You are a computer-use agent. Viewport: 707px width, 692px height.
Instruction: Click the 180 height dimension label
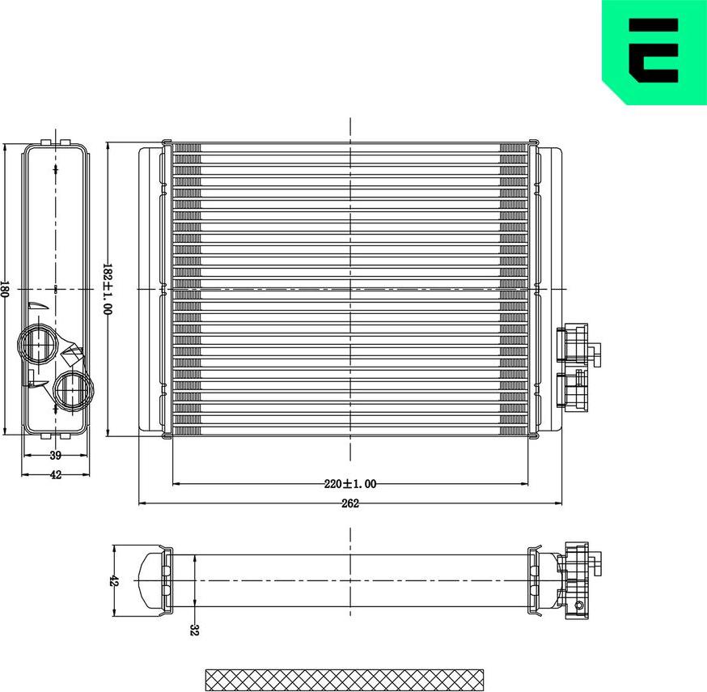tap(5, 289)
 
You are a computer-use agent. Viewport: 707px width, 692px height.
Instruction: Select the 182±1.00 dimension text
tap(107, 288)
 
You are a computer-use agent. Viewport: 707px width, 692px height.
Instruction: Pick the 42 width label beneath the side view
tap(56, 475)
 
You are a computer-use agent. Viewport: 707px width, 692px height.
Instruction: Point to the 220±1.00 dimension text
tap(350, 484)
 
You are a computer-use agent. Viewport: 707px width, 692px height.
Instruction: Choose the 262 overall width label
tap(350, 503)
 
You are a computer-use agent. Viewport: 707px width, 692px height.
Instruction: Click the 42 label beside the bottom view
tap(114, 581)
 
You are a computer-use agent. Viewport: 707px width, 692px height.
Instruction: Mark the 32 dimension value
tap(194, 629)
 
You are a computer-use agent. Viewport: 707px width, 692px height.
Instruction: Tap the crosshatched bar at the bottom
tap(345, 679)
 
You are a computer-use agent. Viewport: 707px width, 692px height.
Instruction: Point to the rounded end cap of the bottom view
tap(150, 581)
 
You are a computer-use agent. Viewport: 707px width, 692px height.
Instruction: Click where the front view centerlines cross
tap(350, 288)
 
